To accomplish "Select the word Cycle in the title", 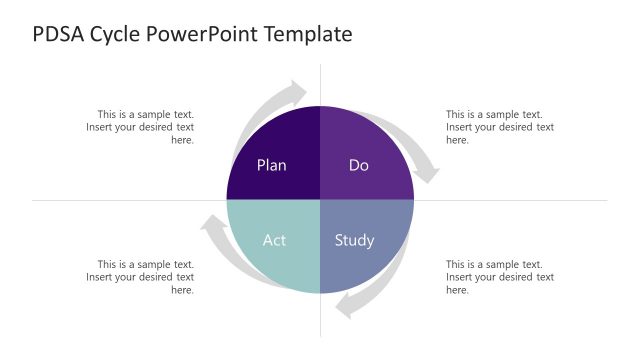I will point(118,34).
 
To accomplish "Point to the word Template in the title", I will point(311,34).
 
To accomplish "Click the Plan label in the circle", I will point(271,165).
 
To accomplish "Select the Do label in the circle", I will point(359,165).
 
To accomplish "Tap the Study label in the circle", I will point(354,240).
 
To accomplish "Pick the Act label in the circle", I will point(274,240).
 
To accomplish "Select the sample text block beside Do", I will point(499,127).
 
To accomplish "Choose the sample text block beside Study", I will point(499,277).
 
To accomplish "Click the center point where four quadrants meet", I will point(320,200).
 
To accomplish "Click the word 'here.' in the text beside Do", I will point(457,141).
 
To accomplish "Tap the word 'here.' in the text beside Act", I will point(182,291).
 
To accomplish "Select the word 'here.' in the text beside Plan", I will point(182,141).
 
